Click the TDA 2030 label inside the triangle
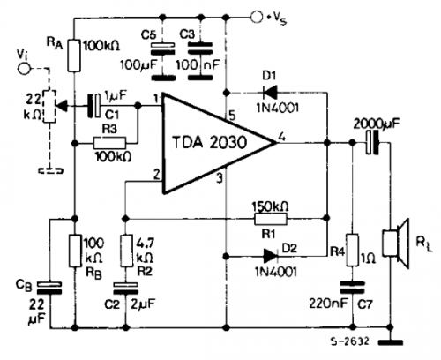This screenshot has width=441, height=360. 209,143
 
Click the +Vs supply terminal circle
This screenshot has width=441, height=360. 257,17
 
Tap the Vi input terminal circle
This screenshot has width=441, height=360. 24,69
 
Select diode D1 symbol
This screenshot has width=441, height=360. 270,93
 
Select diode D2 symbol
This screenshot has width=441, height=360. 271,256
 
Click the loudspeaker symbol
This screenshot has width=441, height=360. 396,244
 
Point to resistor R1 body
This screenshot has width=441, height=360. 270,219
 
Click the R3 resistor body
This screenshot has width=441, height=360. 109,143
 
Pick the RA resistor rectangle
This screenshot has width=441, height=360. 74,56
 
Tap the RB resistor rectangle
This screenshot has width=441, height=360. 75,251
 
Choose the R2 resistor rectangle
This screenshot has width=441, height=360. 126,251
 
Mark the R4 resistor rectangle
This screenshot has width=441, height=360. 352,251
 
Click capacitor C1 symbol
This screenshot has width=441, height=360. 94,106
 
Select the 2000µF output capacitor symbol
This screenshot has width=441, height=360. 372,143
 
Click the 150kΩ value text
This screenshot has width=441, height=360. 271,206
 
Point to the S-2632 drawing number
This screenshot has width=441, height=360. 349,341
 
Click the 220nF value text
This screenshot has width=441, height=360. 328,304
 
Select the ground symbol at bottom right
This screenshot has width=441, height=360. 391,342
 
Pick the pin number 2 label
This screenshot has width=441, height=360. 156,175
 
